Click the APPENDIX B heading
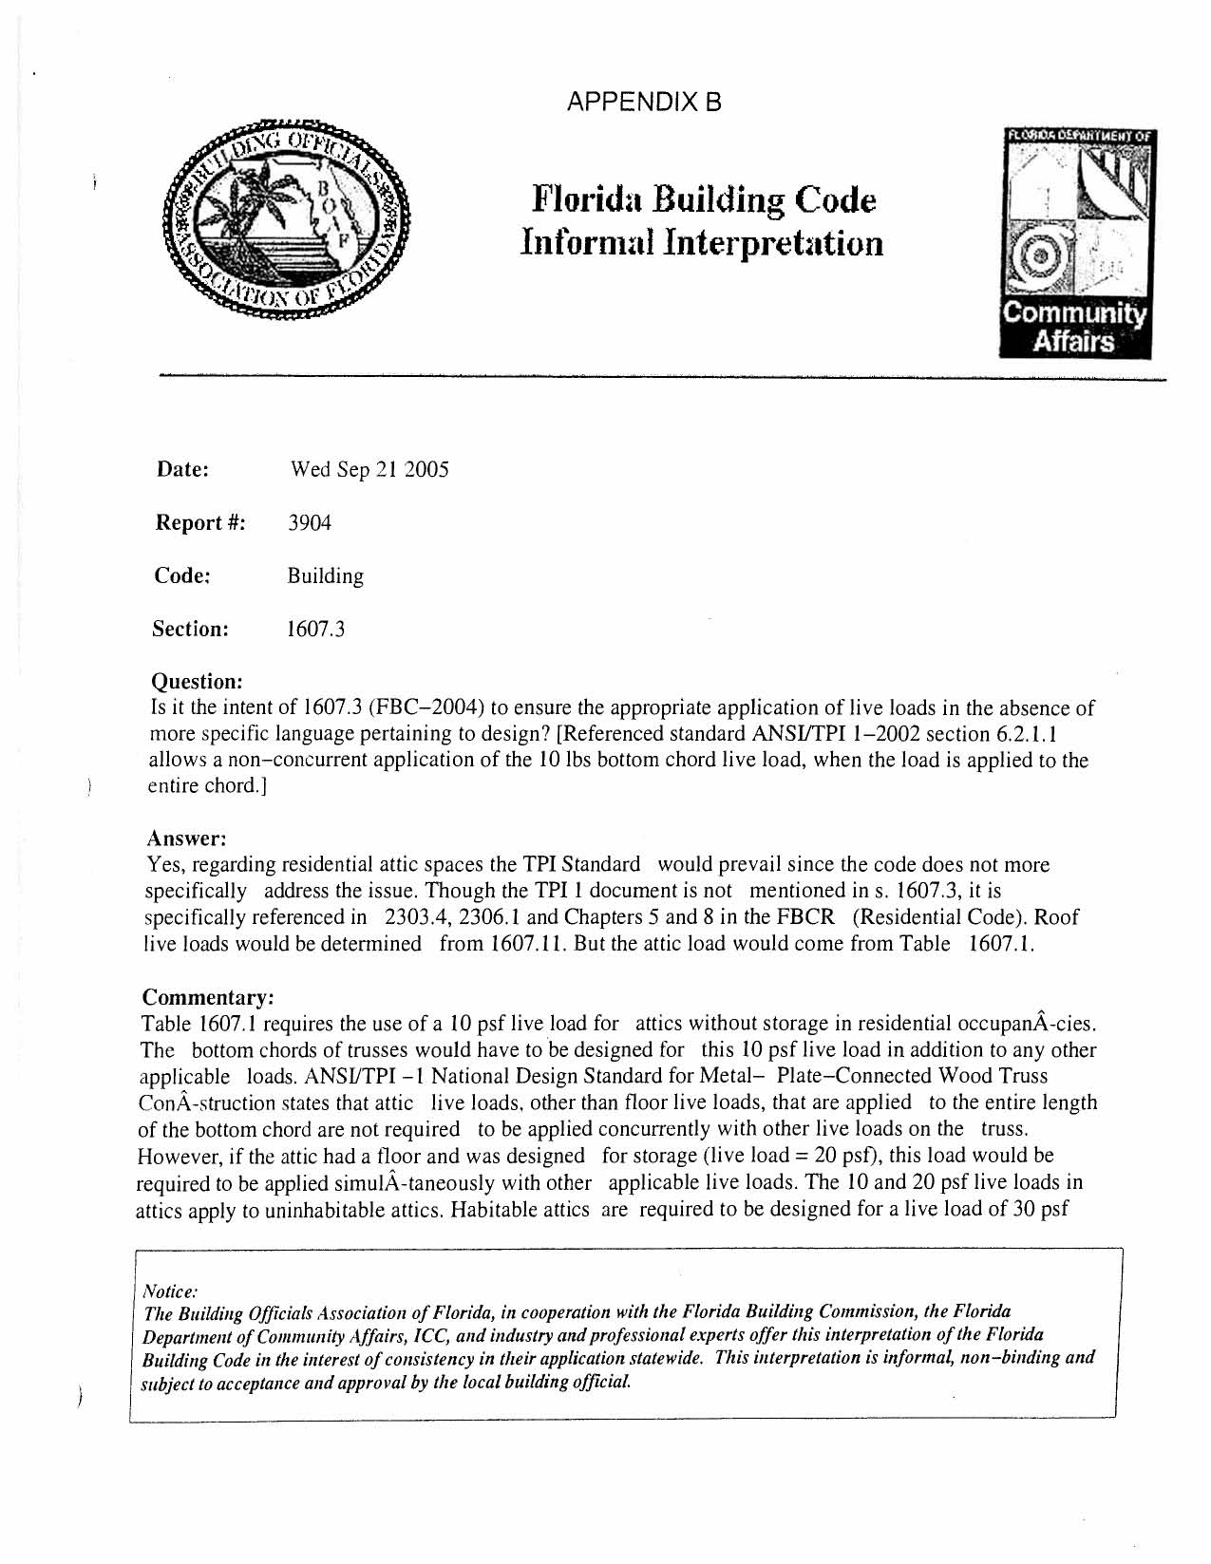643,102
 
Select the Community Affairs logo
1075,244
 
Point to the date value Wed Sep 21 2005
369,470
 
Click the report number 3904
310,523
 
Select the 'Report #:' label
200,523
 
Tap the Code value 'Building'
325,576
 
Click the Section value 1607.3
315,630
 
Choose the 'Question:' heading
198,682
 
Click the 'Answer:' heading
186,839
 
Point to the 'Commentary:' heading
208,998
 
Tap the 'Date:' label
182,470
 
